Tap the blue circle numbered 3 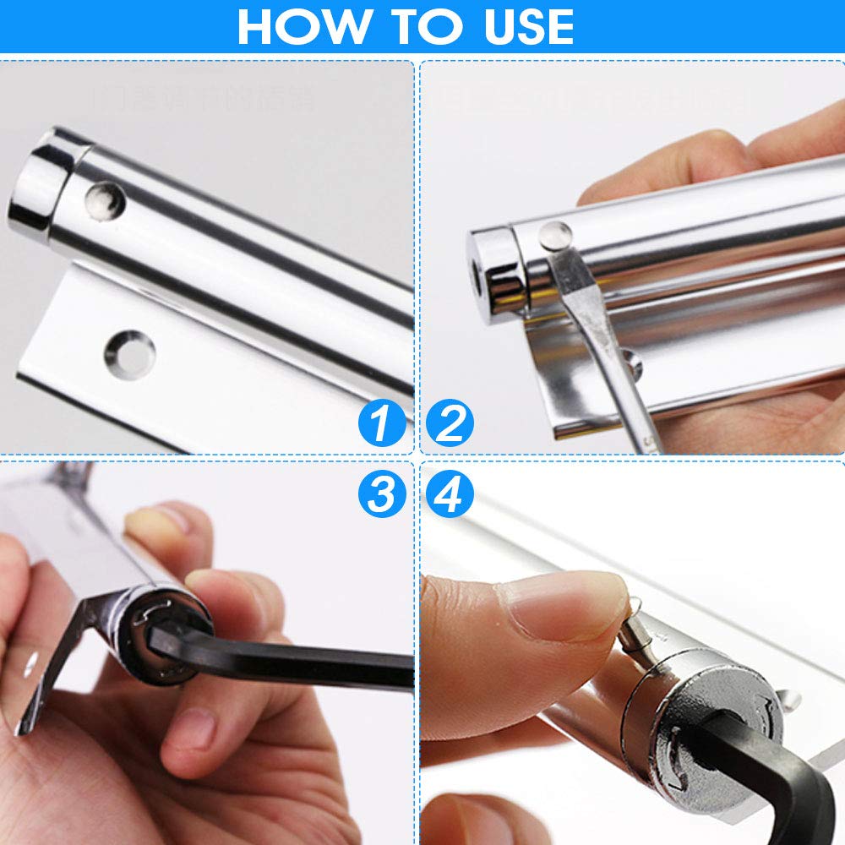pos(381,493)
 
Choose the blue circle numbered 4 pos(450,493)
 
